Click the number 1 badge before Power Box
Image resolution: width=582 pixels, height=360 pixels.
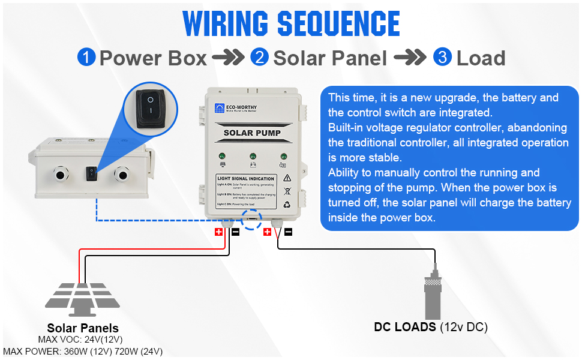(x=87, y=58)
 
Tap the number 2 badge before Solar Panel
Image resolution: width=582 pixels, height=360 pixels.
(x=260, y=58)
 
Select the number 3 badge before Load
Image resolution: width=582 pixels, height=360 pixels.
(x=443, y=58)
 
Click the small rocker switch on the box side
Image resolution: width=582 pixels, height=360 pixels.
(x=91, y=174)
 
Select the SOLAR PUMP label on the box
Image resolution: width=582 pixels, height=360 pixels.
(x=252, y=133)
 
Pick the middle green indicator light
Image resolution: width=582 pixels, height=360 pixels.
(x=253, y=155)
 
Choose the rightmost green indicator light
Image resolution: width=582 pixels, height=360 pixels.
(x=282, y=155)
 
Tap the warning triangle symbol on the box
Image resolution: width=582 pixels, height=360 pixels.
(x=287, y=178)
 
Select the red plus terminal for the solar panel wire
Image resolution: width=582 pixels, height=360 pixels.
(x=218, y=232)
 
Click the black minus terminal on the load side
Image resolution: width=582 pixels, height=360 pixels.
(x=288, y=232)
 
